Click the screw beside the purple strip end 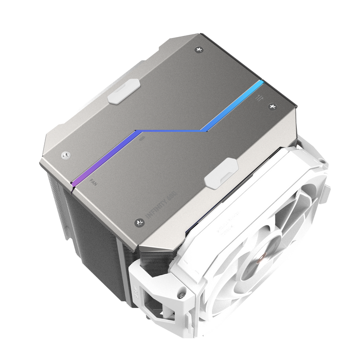pos(64,154)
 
